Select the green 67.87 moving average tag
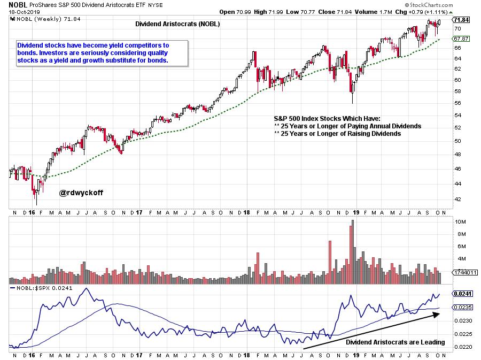461,39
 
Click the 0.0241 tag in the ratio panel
462,294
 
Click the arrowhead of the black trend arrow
438,314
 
